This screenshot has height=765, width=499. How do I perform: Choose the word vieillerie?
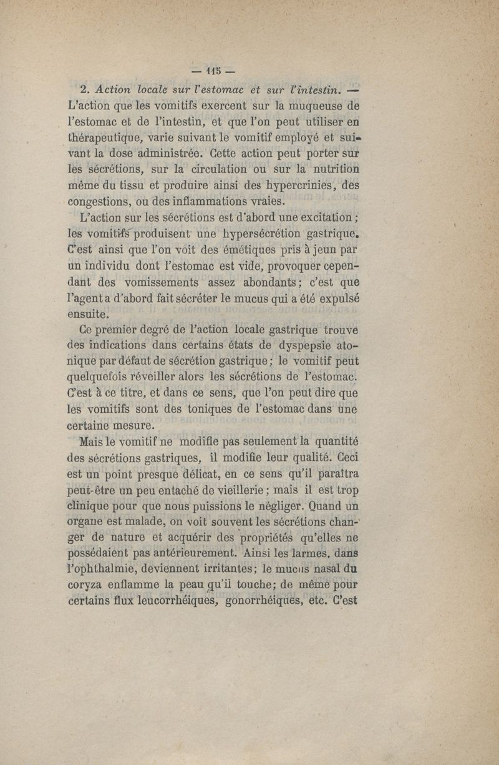click(x=230, y=491)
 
